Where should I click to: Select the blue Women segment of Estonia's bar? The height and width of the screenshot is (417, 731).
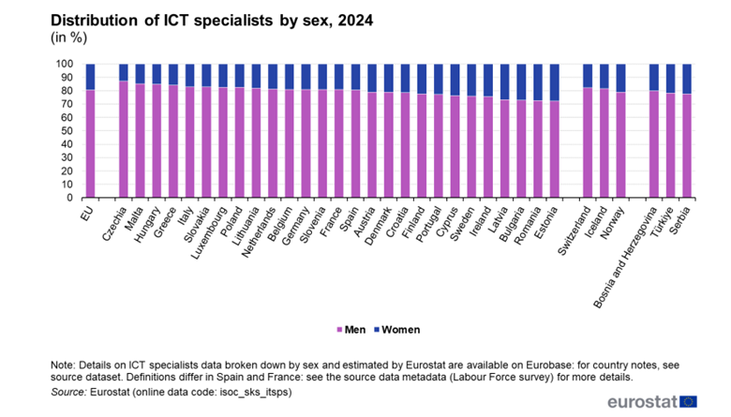[553, 82]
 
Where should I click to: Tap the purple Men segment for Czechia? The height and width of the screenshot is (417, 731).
[124, 140]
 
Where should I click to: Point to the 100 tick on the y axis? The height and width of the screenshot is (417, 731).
[66, 64]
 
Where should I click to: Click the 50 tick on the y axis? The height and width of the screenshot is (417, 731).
[68, 131]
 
